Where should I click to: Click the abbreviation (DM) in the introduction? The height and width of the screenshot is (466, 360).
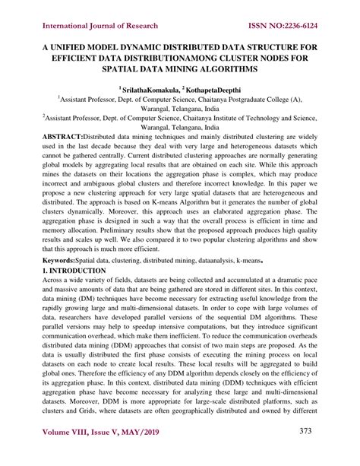109,302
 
